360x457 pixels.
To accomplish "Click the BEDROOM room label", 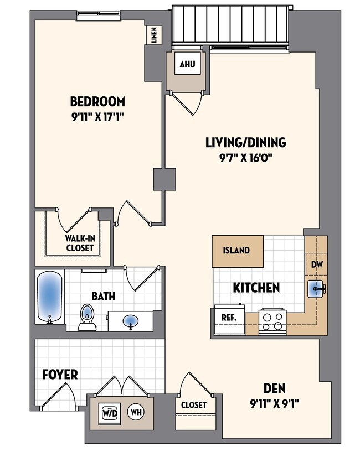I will [x=97, y=102].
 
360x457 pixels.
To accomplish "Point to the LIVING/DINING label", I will [x=245, y=143].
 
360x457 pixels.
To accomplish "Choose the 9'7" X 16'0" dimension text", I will [x=245, y=157].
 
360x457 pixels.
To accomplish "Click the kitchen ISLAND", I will [x=236, y=251].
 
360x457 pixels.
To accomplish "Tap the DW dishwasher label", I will [x=316, y=264].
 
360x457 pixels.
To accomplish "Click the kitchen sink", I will [x=316, y=288].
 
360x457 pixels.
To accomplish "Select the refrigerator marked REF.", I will [x=228, y=319].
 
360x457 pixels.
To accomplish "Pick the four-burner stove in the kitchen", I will [x=272, y=320].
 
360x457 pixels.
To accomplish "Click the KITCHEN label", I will [x=255, y=288].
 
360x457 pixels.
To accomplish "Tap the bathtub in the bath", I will [x=49, y=297].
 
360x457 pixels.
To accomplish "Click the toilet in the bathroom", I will [x=86, y=316].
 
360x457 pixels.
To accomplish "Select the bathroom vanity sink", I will [x=131, y=320].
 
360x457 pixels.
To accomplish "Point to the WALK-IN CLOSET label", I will [x=80, y=244].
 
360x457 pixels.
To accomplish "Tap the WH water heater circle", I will [x=135, y=412].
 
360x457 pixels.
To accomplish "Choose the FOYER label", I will [x=60, y=375].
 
